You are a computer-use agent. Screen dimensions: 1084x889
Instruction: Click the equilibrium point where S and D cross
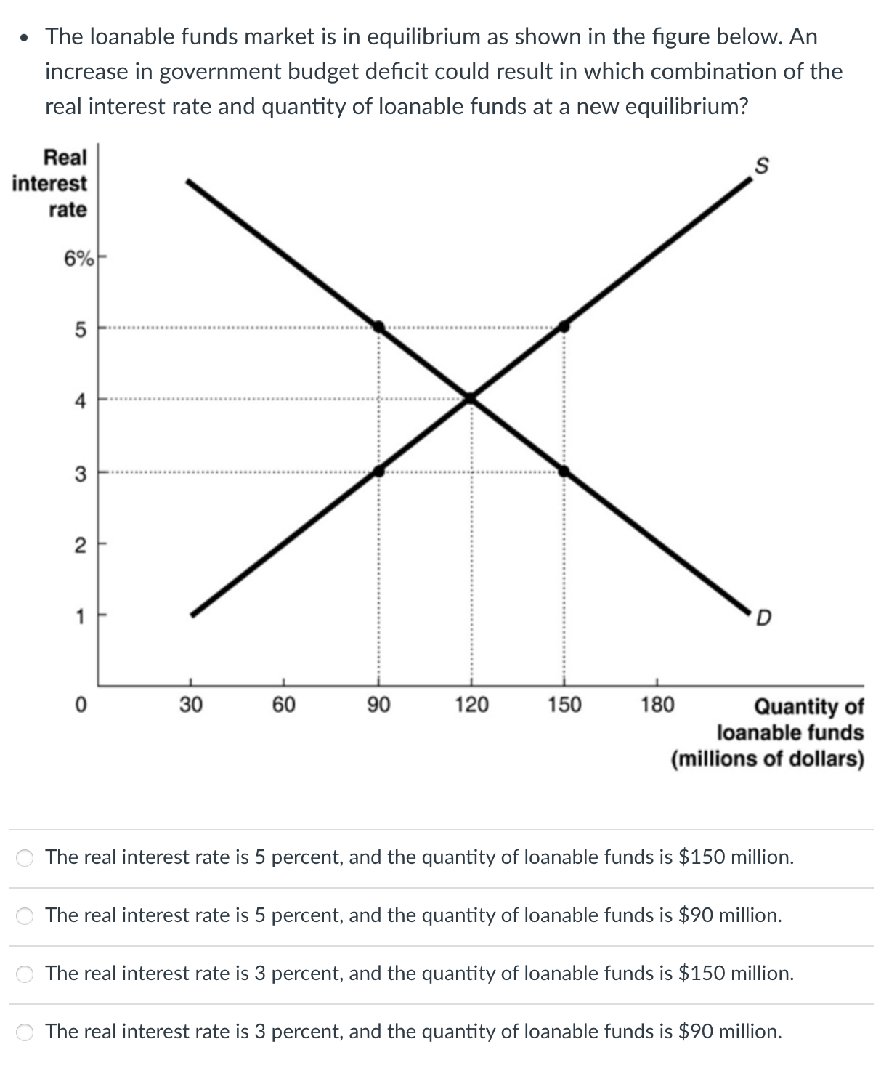click(471, 397)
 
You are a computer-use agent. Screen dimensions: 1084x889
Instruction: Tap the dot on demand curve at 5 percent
click(378, 326)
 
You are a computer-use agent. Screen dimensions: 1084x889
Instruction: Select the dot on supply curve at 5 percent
click(564, 326)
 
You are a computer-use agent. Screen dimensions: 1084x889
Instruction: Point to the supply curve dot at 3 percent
click(378, 472)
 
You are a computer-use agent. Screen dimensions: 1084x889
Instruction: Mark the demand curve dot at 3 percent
click(564, 472)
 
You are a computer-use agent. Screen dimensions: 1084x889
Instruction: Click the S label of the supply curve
click(761, 166)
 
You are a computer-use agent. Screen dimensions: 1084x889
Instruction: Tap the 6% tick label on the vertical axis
click(78, 258)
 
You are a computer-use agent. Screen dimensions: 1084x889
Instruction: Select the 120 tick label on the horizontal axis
click(471, 705)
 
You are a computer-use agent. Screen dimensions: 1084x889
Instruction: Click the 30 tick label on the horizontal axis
click(191, 705)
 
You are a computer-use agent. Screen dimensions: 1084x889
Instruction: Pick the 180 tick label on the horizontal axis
click(657, 705)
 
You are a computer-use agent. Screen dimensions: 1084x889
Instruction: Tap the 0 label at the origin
click(81, 705)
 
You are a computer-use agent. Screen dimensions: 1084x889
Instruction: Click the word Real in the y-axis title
click(65, 157)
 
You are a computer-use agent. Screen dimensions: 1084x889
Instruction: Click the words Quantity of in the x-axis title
click(809, 706)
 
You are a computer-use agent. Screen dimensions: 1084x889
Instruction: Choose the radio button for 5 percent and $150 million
click(25, 858)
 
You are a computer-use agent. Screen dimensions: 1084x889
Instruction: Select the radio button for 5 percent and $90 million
click(25, 916)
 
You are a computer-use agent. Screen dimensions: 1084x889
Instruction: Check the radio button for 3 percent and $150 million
click(25, 974)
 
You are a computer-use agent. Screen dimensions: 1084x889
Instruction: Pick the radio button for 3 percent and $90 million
click(25, 1032)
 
